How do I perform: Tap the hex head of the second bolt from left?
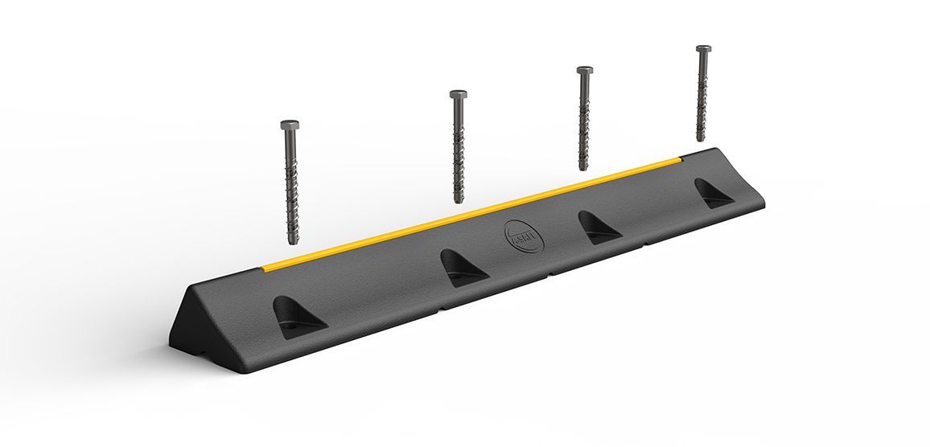[458, 95]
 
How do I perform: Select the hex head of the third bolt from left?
[585, 71]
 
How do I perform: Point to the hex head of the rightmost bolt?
[703, 49]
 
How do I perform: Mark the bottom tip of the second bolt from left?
[458, 200]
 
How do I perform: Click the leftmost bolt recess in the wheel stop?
[296, 313]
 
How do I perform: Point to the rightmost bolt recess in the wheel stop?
[711, 193]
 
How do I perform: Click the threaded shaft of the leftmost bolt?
[290, 185]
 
